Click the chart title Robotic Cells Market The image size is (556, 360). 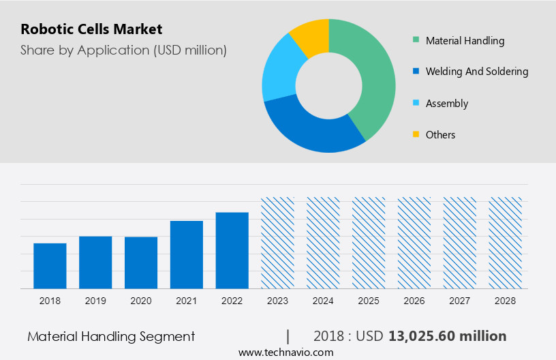[91, 29]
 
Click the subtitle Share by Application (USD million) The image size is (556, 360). [123, 50]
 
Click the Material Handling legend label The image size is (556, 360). [465, 41]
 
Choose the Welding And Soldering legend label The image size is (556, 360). [476, 72]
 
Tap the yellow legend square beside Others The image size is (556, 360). [416, 134]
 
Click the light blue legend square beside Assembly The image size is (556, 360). [416, 104]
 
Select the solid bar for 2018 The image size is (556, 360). [50, 266]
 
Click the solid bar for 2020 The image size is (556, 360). [141, 262]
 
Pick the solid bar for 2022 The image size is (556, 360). [232, 250]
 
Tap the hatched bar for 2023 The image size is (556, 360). [278, 243]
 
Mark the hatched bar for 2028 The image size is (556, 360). [506, 243]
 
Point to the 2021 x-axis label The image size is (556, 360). [187, 301]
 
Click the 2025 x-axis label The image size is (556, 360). [369, 301]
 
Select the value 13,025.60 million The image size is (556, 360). [447, 336]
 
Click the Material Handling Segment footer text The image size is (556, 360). [111, 336]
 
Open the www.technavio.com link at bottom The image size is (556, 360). [285, 352]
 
